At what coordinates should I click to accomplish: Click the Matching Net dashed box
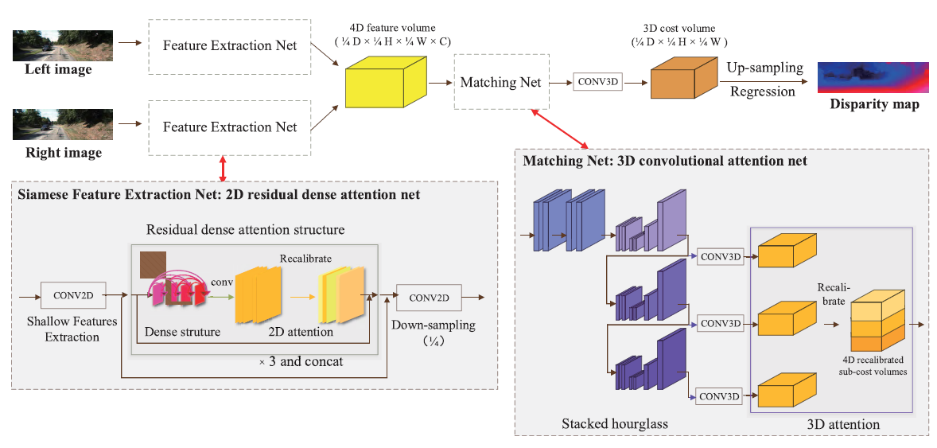[501, 82]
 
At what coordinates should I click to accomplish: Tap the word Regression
[763, 92]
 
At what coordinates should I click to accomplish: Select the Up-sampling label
[764, 68]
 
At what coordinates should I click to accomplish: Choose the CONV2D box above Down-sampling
[430, 298]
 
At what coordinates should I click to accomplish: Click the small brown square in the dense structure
[153, 265]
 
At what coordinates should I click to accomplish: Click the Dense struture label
[183, 331]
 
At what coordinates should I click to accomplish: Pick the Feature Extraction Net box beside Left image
[230, 46]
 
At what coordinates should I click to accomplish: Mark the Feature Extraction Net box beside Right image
[230, 127]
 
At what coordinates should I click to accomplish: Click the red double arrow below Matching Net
[560, 127]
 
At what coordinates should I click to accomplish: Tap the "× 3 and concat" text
[301, 361]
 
